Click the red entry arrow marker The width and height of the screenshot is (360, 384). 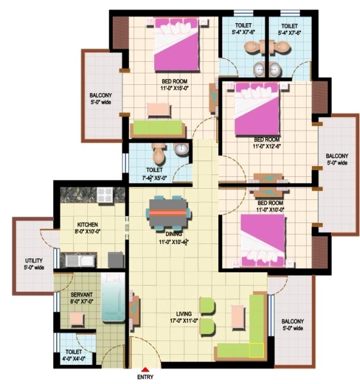coord(145,370)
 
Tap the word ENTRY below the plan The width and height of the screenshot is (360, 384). coord(145,377)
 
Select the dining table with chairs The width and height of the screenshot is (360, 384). coord(168,212)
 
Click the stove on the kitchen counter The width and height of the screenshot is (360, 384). coord(105,195)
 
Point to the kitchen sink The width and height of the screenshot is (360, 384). coord(80,261)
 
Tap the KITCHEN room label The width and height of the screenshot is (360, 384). coord(88,224)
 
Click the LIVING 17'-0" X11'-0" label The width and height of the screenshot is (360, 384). coord(184,317)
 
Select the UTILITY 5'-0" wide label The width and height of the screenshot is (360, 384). coord(34,264)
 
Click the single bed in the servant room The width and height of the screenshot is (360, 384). coord(113,297)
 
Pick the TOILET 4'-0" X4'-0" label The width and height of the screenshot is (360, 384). coord(74,356)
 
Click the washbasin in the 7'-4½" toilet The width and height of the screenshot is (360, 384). coord(181,148)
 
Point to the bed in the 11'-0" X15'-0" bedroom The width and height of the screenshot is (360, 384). coord(176,45)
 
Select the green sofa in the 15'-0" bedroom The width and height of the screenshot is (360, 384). coord(158,129)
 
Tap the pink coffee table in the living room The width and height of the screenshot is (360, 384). coord(238,317)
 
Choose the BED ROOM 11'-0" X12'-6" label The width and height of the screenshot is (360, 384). coord(267,143)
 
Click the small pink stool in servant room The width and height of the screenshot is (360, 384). coord(77,319)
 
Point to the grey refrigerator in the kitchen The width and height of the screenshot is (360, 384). coord(116,259)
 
